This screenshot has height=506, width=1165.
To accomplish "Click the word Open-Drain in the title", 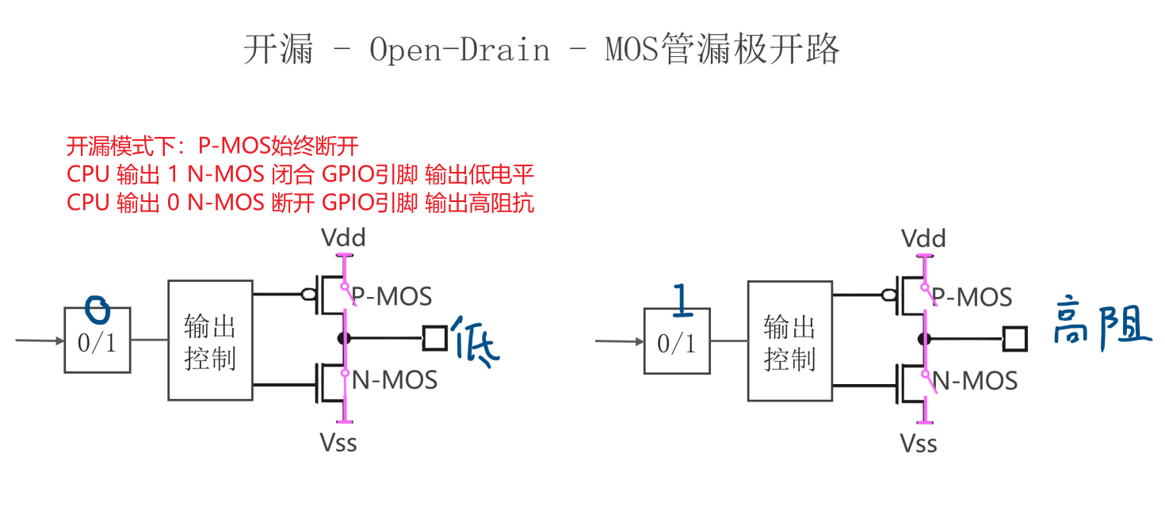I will [460, 50].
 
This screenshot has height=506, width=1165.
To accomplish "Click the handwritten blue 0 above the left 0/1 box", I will [97, 310].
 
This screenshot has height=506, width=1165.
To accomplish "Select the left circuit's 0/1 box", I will [97, 341].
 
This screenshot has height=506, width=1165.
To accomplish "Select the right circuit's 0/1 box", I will [676, 341].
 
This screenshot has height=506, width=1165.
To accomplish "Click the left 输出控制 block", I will [210, 340].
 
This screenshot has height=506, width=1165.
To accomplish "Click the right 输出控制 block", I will [789, 341].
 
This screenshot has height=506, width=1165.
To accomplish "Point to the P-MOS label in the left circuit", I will [392, 296].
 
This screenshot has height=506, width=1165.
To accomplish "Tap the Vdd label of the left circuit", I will [344, 238].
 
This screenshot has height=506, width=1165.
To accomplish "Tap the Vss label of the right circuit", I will [919, 443].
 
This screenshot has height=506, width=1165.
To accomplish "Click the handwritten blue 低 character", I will [476, 341].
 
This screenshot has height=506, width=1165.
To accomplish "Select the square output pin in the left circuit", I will [434, 338].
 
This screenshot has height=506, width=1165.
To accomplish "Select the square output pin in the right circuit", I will [1014, 339].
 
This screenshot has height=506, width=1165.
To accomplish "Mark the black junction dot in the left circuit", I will [344, 338].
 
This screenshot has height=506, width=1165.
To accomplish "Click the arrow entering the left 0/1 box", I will [40, 341].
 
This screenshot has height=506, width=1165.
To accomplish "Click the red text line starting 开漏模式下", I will [212, 146].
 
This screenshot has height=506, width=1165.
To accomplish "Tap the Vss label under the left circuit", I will [338, 442].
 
